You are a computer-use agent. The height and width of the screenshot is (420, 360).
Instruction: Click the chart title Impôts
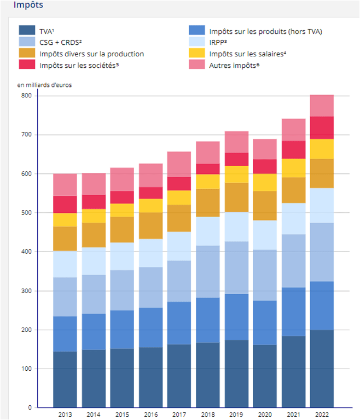(28, 5)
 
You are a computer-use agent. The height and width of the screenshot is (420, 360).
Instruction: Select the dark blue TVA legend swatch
(27, 31)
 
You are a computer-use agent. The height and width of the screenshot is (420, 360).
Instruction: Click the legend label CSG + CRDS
(60, 42)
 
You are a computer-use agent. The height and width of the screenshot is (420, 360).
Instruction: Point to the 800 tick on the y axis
(26, 95)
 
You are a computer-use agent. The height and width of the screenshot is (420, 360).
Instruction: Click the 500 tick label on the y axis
(26, 213)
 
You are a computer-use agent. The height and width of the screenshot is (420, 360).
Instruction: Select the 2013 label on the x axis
(65, 415)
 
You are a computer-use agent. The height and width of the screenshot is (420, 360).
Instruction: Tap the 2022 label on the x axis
(322, 415)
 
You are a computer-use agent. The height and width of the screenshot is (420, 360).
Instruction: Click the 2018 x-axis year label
(207, 415)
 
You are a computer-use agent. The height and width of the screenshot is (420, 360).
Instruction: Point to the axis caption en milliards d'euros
(44, 85)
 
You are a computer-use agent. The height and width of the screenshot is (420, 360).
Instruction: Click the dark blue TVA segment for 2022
(322, 369)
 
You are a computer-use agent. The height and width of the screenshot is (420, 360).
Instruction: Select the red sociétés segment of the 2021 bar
(293, 150)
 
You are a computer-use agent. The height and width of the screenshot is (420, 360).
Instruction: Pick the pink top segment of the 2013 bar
(65, 184)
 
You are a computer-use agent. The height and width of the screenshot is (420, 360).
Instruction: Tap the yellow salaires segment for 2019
(236, 174)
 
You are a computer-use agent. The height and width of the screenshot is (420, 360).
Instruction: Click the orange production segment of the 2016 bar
(150, 225)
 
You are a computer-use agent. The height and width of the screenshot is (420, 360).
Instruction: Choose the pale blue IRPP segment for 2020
(265, 235)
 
